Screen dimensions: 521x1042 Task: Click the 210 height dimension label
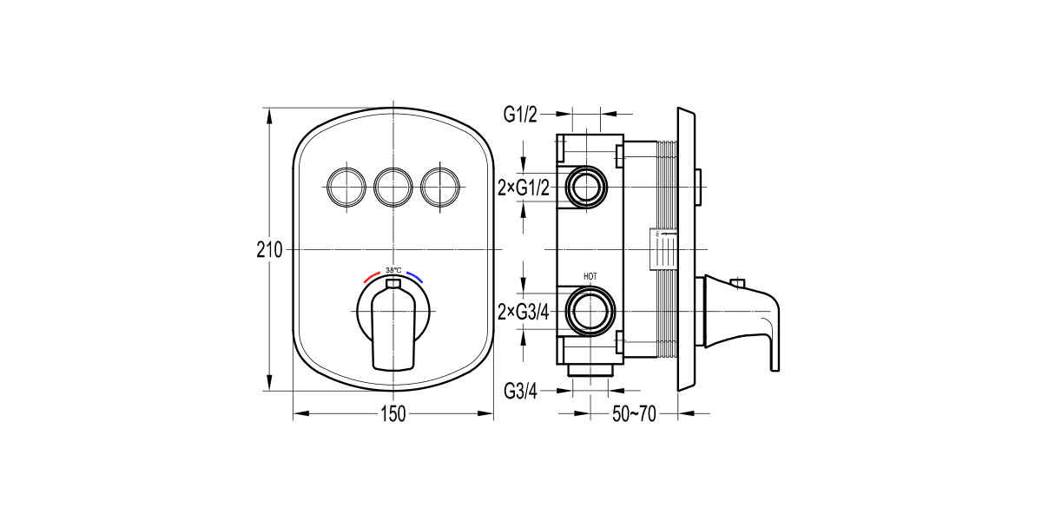270,250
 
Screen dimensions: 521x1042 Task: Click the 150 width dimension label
393,415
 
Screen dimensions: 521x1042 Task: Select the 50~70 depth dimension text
634,415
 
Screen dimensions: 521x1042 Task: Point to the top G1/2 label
521,113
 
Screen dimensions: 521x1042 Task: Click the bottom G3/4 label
521,392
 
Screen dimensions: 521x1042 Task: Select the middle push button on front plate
392,184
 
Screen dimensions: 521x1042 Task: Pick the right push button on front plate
440,184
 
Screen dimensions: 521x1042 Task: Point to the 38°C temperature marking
393,270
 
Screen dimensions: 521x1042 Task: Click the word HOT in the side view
590,276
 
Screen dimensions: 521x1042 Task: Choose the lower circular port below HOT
590,311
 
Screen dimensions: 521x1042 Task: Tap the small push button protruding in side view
699,184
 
